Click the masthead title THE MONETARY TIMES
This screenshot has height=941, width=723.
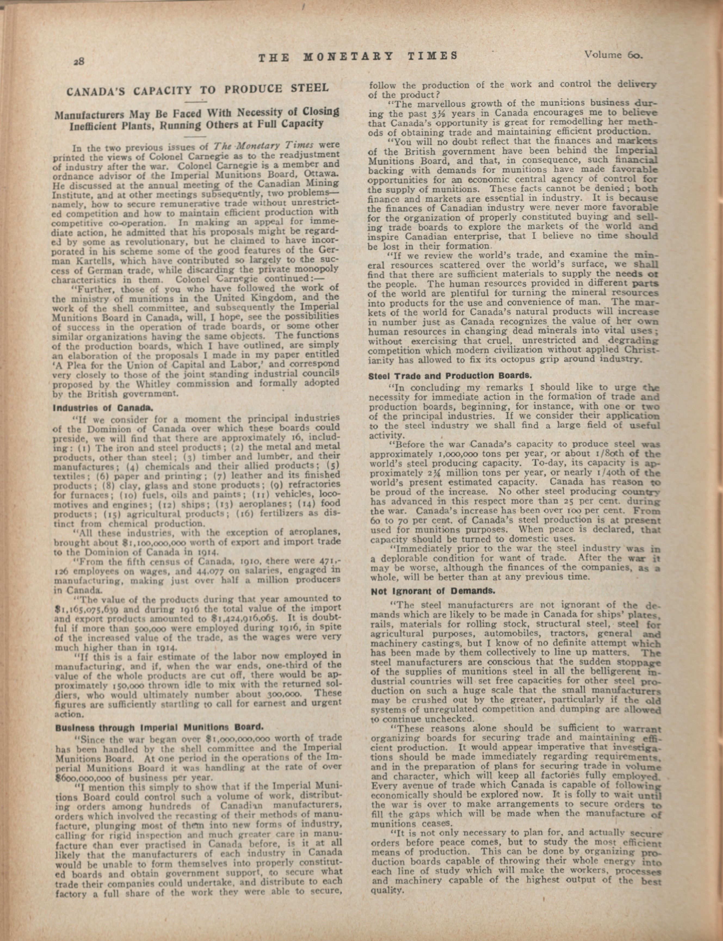coord(358,56)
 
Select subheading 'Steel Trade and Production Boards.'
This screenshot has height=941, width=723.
coord(450,375)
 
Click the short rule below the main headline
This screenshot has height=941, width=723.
coord(196,102)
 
